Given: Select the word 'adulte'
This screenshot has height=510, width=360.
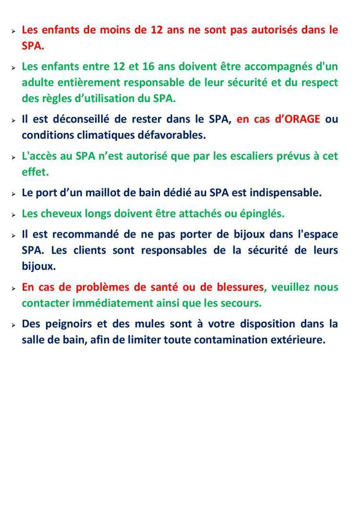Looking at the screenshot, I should [38, 83].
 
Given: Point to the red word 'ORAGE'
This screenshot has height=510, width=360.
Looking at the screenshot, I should [304, 119].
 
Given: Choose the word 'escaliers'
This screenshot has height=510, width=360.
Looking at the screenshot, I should [234, 156].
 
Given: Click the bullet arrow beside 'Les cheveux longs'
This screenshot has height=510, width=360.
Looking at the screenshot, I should [14, 214].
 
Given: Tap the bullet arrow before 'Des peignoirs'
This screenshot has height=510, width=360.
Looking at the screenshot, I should [14, 325].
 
